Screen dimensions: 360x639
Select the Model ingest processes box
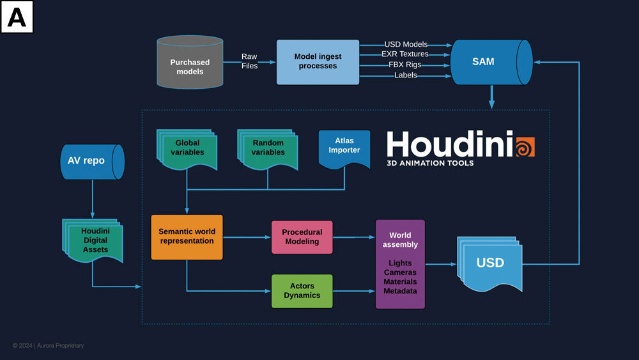[318, 61]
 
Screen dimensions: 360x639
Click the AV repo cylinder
[90, 161]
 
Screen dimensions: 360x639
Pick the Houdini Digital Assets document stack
[95, 240]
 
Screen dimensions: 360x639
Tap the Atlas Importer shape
[344, 147]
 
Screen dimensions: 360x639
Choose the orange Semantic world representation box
[187, 237]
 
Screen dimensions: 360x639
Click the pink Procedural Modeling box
[302, 237]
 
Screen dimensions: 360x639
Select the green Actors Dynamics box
[302, 291]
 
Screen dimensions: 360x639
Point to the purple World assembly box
[400, 264]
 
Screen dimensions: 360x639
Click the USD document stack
[489, 263]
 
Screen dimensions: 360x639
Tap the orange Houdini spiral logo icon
[524, 146]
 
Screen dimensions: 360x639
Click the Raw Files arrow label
[249, 61]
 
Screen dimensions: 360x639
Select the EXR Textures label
[404, 54]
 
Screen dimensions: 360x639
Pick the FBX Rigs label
[404, 65]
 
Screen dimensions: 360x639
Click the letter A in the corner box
[17, 17]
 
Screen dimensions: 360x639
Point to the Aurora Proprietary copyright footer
[48, 346]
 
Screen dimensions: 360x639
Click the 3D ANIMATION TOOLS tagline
[430, 164]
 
